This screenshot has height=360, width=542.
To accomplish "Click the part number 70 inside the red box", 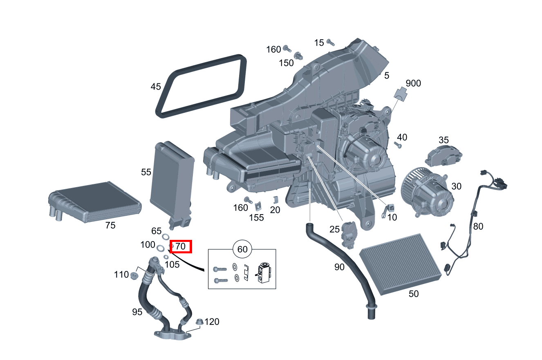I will coord(181,246).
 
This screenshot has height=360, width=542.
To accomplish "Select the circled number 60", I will coord(242,249).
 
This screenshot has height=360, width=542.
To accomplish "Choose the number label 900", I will coord(413,83).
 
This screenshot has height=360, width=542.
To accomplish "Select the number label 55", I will coord(146,172).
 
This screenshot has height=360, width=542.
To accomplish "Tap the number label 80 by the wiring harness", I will coord(478,226).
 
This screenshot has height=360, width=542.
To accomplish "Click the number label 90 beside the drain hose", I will coord(339,267).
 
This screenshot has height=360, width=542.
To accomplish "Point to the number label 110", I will coord(121,275).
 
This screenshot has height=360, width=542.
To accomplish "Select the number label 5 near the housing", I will coord(387,76).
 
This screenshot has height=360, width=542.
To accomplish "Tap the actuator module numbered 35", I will coord(443,155).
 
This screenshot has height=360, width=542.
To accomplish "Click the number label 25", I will coord(334,230).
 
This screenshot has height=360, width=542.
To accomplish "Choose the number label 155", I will coord(257,217).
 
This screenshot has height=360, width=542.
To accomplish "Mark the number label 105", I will coord(172,264).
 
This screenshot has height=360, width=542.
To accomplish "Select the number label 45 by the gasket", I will coord(156,87).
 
